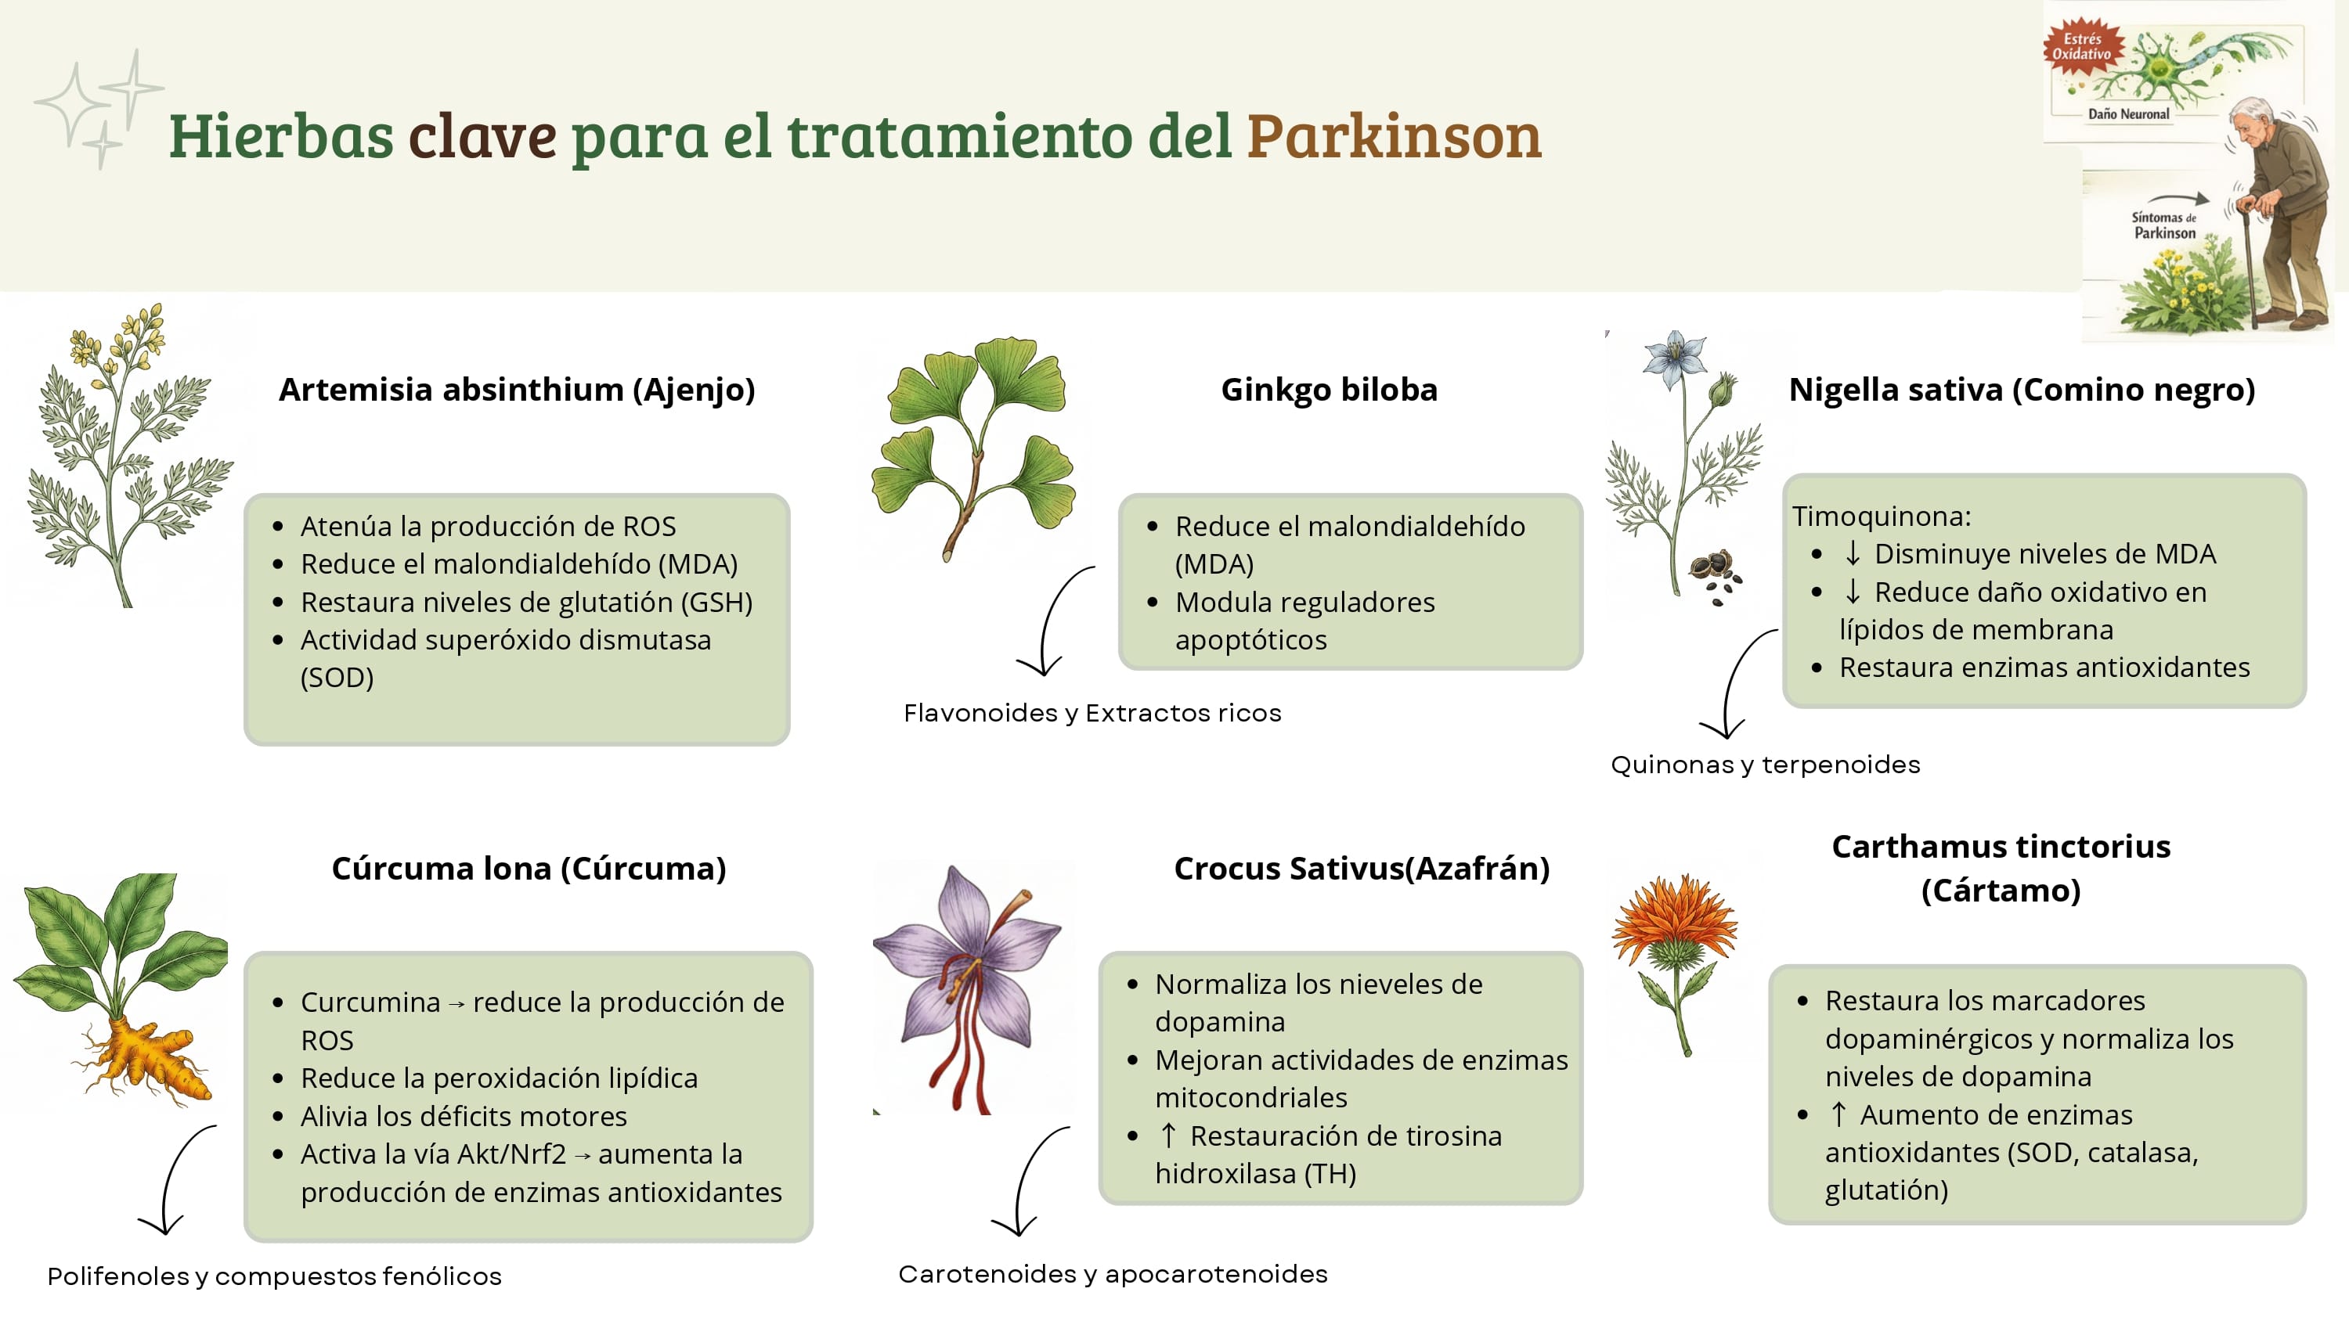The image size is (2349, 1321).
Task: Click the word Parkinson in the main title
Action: pyautogui.click(x=1394, y=136)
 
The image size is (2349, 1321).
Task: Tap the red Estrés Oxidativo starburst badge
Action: pyautogui.click(x=2082, y=46)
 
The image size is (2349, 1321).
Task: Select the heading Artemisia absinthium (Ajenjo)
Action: pyautogui.click(x=517, y=389)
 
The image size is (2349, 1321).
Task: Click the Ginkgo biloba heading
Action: pyautogui.click(x=1329, y=389)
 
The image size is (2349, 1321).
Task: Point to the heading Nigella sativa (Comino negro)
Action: pyautogui.click(x=2022, y=389)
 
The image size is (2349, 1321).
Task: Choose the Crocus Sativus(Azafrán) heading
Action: pyautogui.click(x=1362, y=868)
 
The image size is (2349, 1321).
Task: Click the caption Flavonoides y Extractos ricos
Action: pyautogui.click(x=1092, y=713)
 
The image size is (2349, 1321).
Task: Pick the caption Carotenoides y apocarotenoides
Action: pyautogui.click(x=1113, y=1273)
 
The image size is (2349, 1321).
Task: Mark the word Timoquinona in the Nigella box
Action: pyautogui.click(x=1882, y=516)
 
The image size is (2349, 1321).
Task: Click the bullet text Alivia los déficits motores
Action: pyautogui.click(x=464, y=1116)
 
